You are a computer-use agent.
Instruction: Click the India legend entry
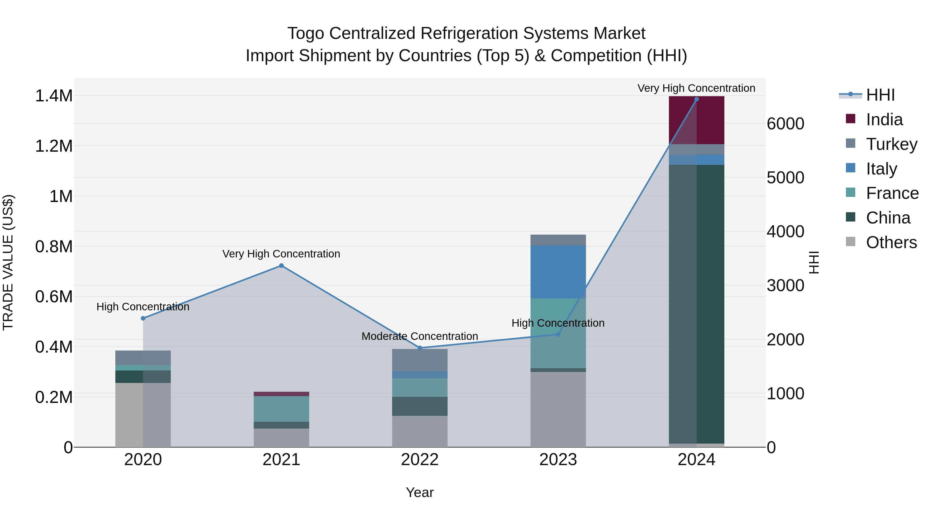[x=884, y=120]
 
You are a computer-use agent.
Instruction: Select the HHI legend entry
[x=880, y=95]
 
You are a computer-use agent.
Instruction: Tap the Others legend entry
[x=891, y=242]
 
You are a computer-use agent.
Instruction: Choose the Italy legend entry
[x=881, y=169]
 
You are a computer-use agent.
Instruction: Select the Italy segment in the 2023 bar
[x=558, y=272]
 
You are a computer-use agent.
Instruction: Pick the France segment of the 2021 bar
[x=281, y=409]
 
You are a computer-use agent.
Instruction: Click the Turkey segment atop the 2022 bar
[x=420, y=360]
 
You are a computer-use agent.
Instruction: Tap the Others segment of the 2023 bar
[x=558, y=409]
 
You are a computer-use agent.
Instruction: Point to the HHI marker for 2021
[x=281, y=265]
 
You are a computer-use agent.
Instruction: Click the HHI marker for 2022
[x=420, y=348]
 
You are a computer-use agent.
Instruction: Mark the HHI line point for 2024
[x=696, y=99]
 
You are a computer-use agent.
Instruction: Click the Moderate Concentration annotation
[x=420, y=336]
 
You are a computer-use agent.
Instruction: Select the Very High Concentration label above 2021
[x=281, y=254]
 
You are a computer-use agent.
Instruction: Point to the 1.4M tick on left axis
[x=54, y=96]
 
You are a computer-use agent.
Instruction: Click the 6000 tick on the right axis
[x=785, y=124]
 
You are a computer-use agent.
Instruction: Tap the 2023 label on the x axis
[x=558, y=460]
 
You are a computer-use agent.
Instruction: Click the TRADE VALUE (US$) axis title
[x=8, y=262]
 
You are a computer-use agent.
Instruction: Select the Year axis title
[x=420, y=492]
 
